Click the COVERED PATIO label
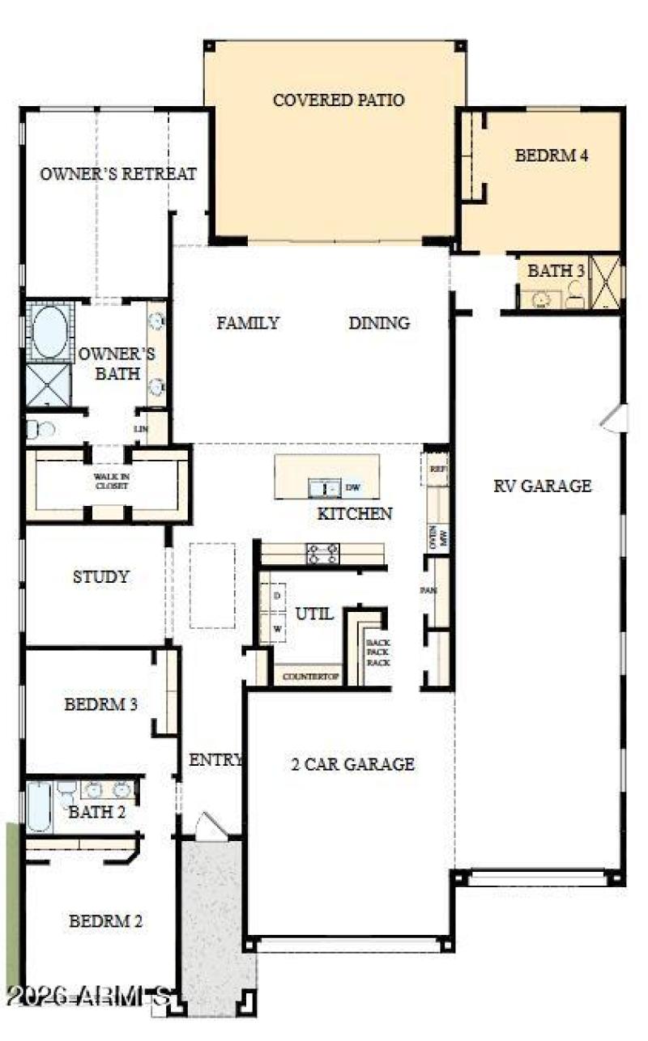coord(339,100)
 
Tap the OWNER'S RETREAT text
coord(118,174)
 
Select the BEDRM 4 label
coord(551,155)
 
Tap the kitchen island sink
coord(324,487)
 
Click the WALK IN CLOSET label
coord(111,482)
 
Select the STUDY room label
coord(100,577)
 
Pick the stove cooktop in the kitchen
coord(322,554)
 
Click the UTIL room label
coord(313,614)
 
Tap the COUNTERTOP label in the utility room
coord(309,676)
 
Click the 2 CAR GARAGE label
coord(352,763)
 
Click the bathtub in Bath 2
coord(39,806)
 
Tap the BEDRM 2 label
coord(105,920)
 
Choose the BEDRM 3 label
coord(100,704)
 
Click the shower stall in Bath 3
coord(604,282)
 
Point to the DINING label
coord(378,323)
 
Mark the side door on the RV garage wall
coord(616,418)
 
